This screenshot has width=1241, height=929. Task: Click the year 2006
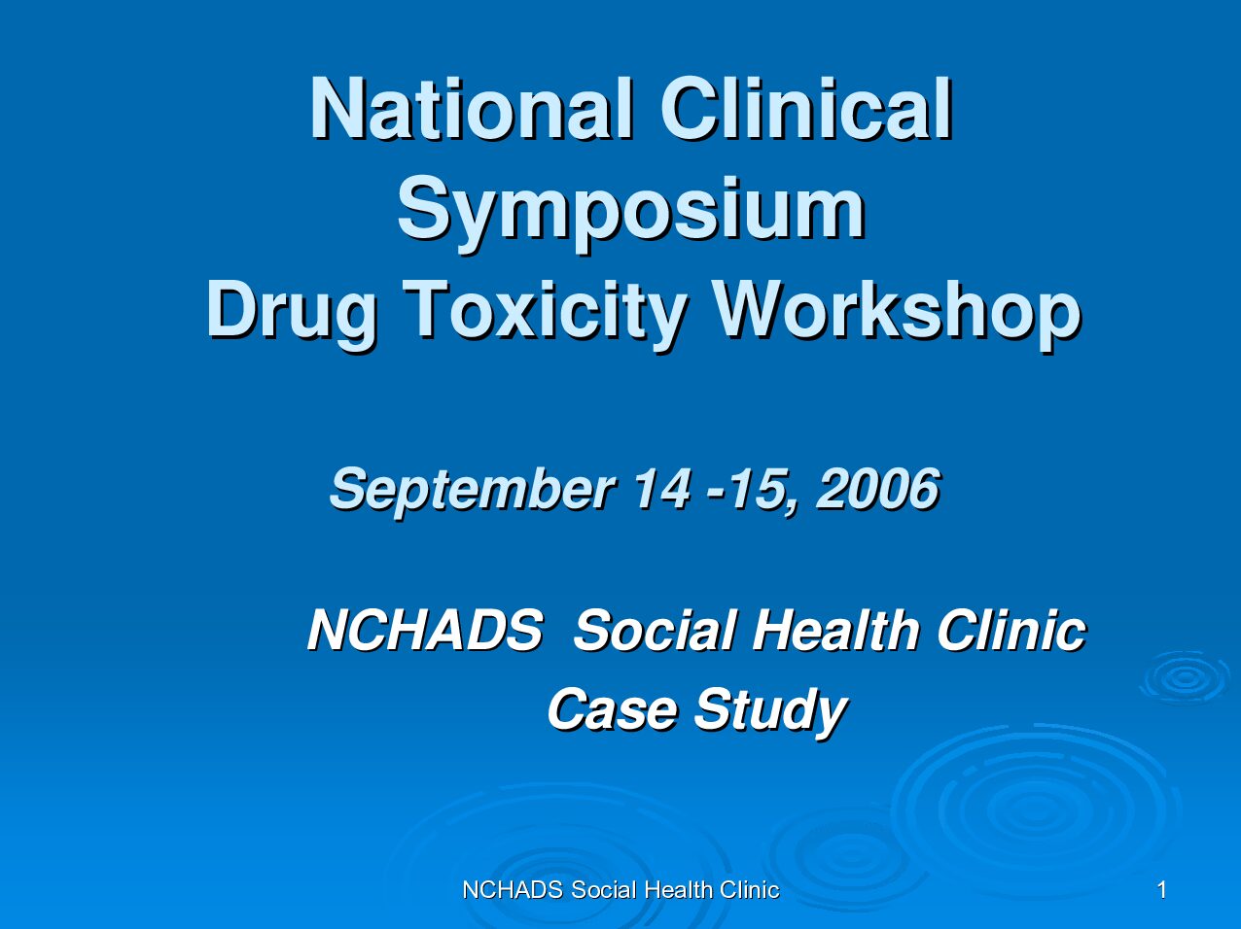click(878, 488)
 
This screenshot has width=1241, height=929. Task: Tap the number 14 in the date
click(662, 488)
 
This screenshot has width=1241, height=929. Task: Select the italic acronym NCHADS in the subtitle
click(425, 630)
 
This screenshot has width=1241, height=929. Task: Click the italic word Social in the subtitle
click(655, 630)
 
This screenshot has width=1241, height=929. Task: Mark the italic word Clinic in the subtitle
click(1011, 630)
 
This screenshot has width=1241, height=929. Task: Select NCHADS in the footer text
click(513, 890)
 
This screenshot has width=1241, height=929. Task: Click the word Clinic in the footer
click(750, 890)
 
